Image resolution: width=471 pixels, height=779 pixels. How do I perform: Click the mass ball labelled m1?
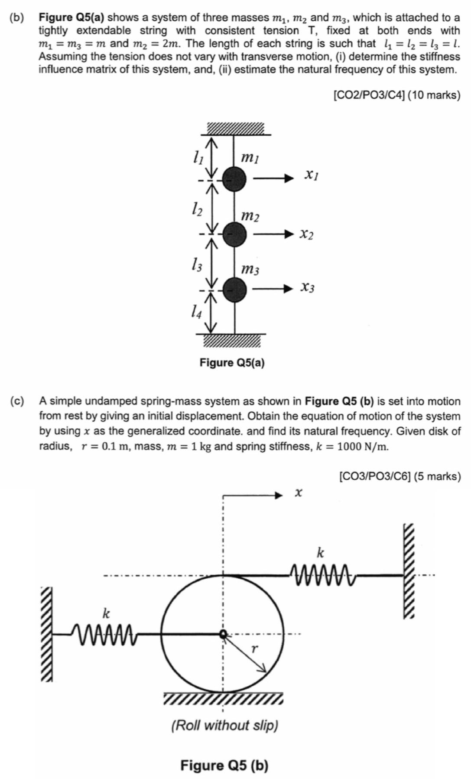click(234, 178)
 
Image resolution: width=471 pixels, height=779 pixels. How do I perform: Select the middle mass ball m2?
click(234, 234)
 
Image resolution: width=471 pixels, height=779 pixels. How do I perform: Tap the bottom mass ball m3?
click(234, 289)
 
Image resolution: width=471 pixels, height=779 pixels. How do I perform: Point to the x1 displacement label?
click(311, 175)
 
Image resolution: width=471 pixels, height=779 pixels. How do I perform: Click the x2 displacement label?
click(306, 234)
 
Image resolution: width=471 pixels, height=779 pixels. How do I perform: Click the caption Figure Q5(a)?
click(232, 362)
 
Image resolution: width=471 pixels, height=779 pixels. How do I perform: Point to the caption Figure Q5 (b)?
click(224, 766)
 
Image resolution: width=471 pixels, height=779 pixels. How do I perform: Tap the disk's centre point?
click(223, 634)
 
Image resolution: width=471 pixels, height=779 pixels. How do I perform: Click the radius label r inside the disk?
click(254, 649)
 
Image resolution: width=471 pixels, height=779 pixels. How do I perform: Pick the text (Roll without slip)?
click(224, 725)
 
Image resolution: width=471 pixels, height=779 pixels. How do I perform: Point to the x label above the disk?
click(298, 492)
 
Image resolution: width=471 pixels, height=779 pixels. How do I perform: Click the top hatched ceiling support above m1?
click(235, 128)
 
